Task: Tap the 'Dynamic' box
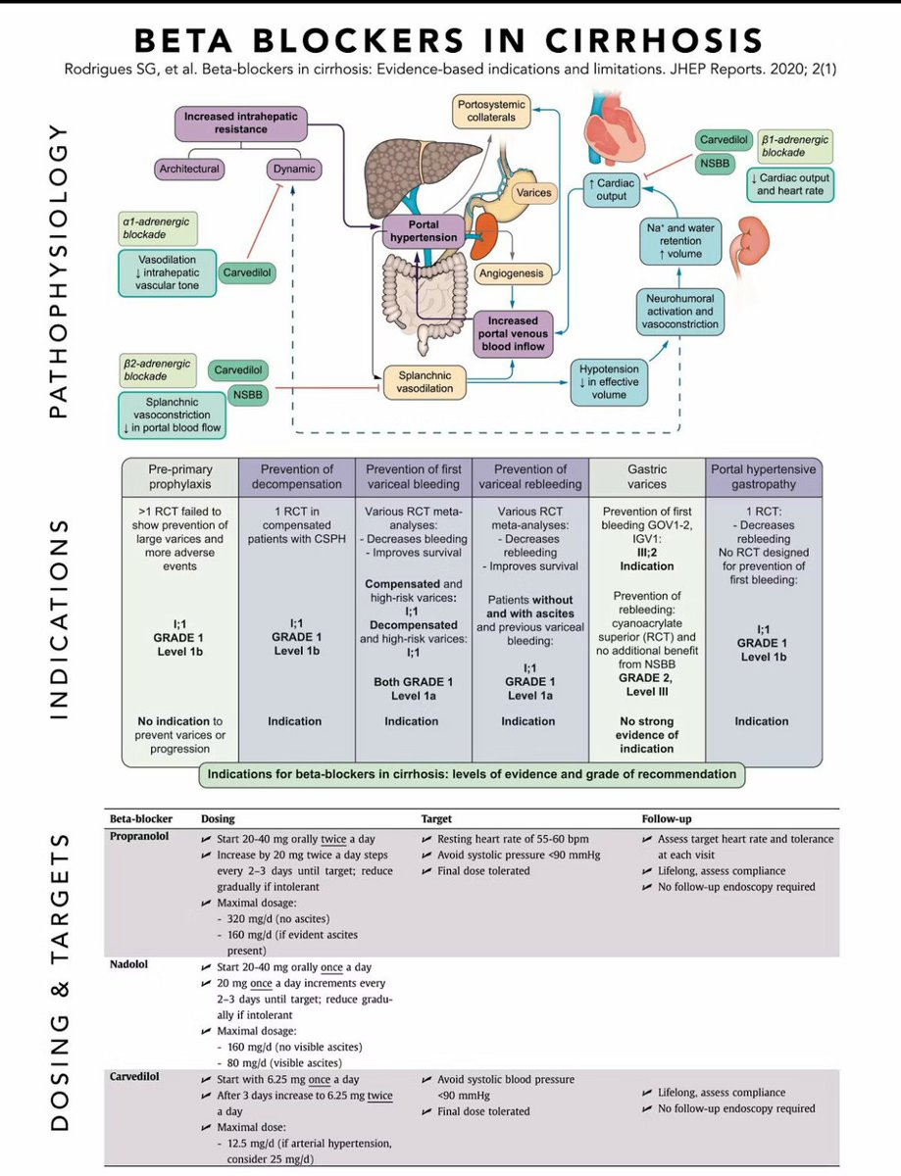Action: point(293,169)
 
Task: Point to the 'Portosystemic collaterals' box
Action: point(496,111)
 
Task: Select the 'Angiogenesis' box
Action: point(510,274)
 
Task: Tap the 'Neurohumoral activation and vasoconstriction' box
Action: point(681,311)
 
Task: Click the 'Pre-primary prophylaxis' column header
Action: point(179,477)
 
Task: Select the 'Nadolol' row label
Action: point(129,965)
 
